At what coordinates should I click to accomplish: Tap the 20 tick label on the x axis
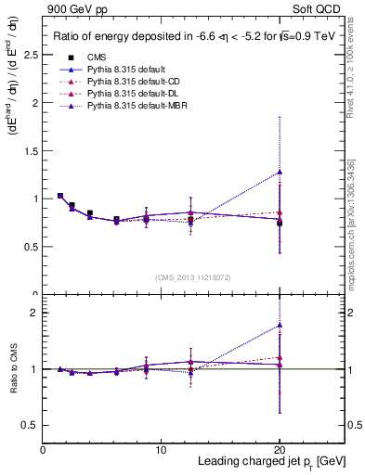280,450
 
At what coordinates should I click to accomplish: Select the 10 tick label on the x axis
162,450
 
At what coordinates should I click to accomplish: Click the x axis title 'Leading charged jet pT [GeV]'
271,462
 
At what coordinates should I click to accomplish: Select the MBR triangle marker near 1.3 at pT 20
280,172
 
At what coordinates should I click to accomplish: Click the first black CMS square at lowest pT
60,196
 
